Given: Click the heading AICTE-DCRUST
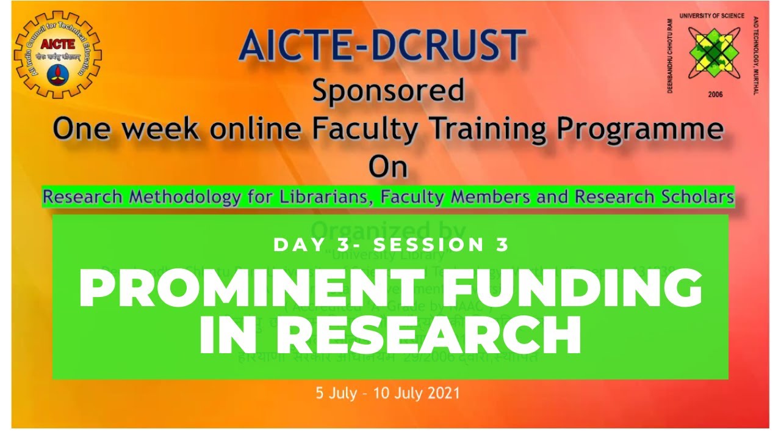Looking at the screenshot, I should click(x=383, y=46).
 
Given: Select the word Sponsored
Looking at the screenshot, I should click(x=388, y=92).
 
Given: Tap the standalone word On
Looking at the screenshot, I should click(x=388, y=167).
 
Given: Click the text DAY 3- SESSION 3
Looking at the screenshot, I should click(x=391, y=245).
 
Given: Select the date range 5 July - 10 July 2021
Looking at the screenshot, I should click(x=387, y=392).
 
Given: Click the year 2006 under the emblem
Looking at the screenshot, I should click(x=714, y=95).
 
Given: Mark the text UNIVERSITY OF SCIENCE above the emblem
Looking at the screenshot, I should click(x=711, y=16).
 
